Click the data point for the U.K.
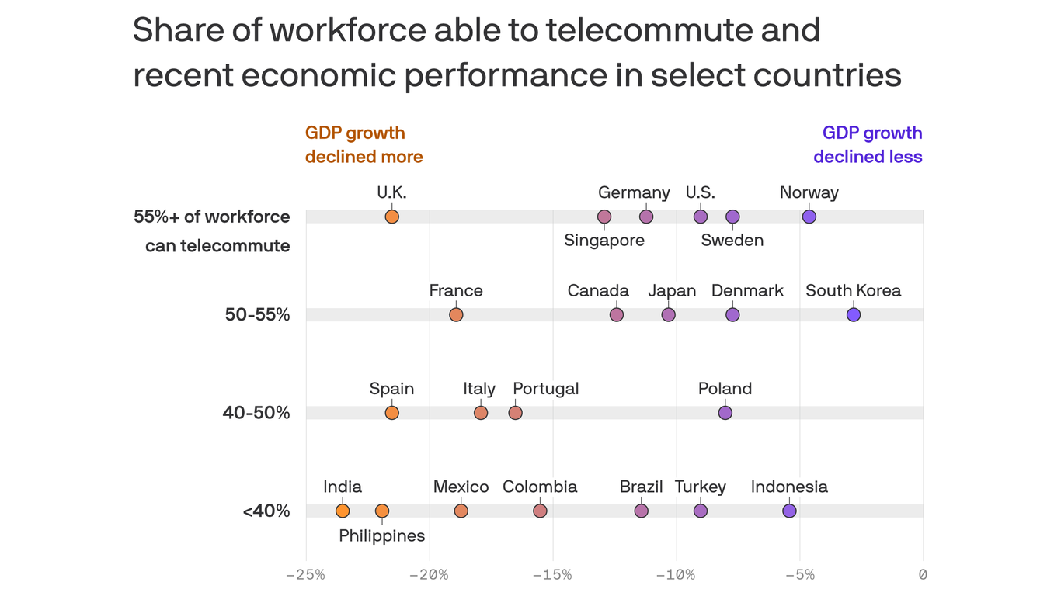(x=391, y=217)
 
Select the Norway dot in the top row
(x=809, y=217)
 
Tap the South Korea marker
(x=853, y=314)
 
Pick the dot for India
(x=343, y=511)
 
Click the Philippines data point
(x=381, y=511)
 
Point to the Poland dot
(x=725, y=413)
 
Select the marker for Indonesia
(x=789, y=511)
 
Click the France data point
(x=456, y=314)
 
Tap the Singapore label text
(x=604, y=241)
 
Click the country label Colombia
(x=540, y=487)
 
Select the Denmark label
(x=747, y=290)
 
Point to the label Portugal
(x=545, y=389)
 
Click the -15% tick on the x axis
(x=552, y=575)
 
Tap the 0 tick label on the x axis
(x=923, y=575)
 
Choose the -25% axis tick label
(x=305, y=575)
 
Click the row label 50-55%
(x=257, y=315)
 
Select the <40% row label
(x=266, y=511)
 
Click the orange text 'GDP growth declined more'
(x=364, y=145)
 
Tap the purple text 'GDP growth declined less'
(x=868, y=145)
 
